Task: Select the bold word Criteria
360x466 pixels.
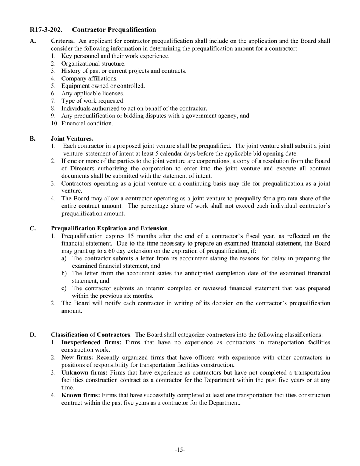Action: (63, 41)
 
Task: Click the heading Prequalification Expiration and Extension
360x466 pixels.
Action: (110, 228)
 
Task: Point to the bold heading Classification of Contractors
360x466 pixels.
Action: (91, 335)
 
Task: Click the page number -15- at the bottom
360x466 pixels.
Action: (180, 450)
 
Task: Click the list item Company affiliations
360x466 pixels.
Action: (89, 78)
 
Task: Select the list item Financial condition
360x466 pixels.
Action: (87, 124)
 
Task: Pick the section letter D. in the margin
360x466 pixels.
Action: (33, 335)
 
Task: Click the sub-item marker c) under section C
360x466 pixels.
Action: (64, 288)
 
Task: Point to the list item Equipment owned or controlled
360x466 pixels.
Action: (103, 86)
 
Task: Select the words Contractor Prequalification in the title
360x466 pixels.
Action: (114, 30)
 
